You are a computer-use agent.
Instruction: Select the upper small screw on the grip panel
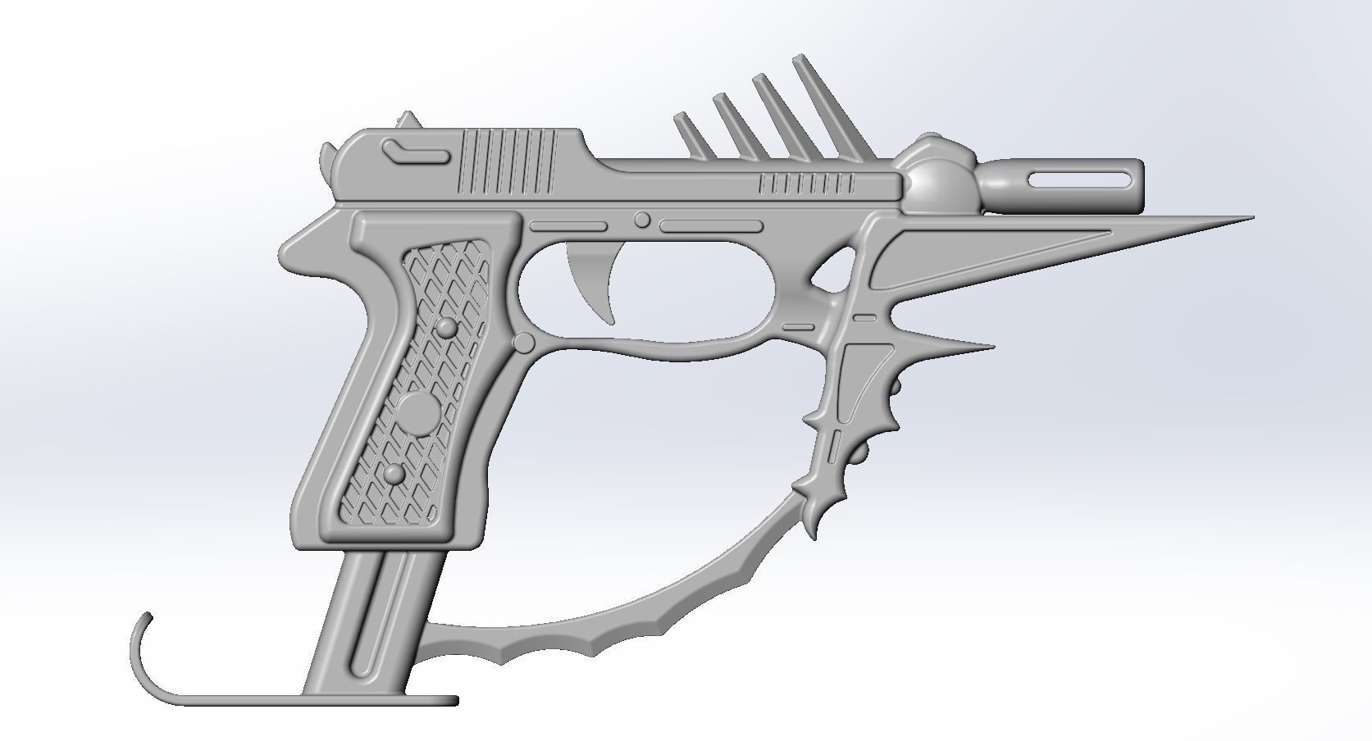[x=447, y=329]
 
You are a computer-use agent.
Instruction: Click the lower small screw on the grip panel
[x=394, y=474]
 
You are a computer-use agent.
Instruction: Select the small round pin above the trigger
[x=642, y=220]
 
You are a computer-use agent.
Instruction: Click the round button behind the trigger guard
[x=523, y=343]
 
